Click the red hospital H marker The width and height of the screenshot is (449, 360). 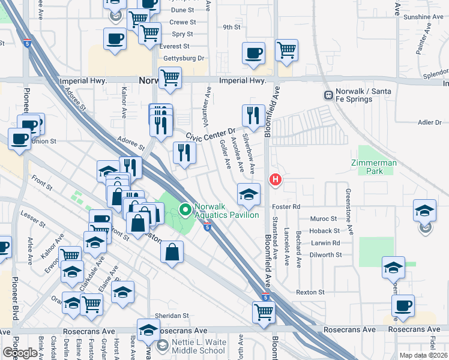tap(276, 179)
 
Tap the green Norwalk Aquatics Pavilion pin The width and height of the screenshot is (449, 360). tap(185, 210)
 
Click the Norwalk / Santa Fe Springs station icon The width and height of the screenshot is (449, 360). tap(328, 95)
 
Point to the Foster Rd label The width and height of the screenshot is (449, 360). tap(288, 206)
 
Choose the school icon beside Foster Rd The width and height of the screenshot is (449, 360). tap(249, 193)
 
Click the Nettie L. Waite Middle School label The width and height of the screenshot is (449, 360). tap(191, 346)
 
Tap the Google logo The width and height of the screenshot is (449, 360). tap(19, 353)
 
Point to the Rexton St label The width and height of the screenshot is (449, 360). tap(310, 292)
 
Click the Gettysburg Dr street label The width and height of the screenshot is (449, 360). tap(184, 58)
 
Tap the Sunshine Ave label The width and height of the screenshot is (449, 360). tap(423, 17)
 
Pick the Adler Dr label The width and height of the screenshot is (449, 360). tap(429, 122)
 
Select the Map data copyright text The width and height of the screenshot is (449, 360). tap(423, 355)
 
